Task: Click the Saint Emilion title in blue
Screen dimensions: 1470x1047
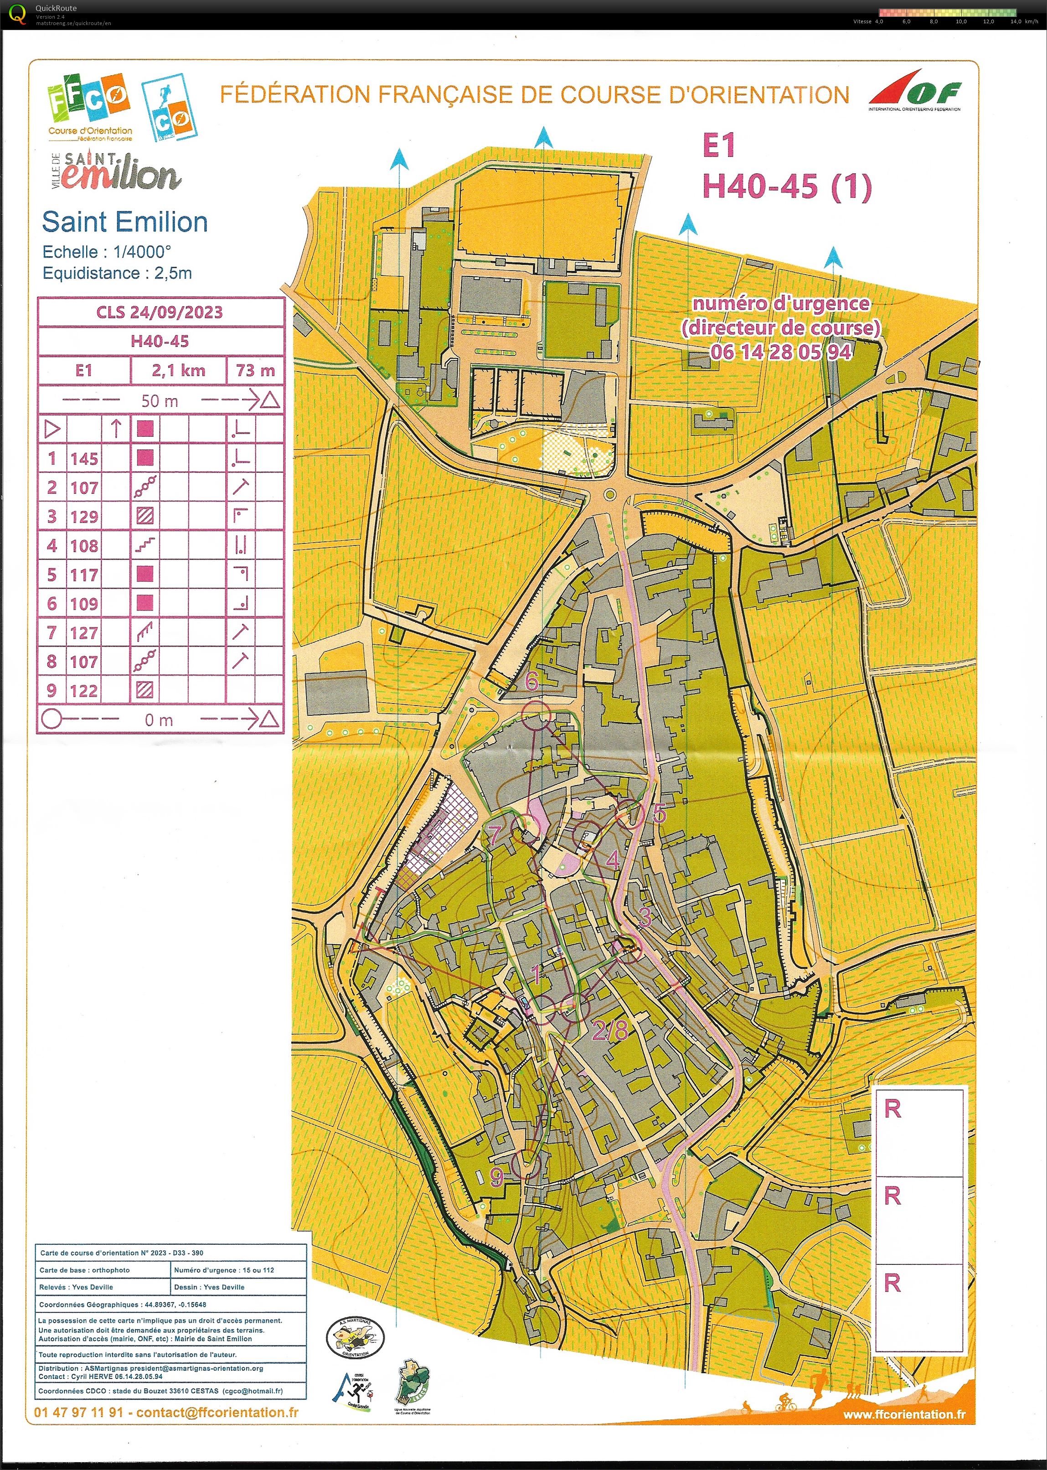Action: [x=124, y=223]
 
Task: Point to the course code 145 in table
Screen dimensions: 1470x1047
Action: [x=84, y=459]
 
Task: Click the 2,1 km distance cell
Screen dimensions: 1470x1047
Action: [x=179, y=371]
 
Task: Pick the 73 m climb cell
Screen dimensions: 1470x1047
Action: [x=255, y=371]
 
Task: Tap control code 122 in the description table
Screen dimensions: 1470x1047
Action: [x=84, y=691]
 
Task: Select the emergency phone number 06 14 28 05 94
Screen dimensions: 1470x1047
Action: [x=781, y=352]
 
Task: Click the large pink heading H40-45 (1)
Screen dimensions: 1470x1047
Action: [x=787, y=187]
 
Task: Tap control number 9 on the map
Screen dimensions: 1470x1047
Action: [x=496, y=1177]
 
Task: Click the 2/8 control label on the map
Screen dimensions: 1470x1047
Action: [x=610, y=1030]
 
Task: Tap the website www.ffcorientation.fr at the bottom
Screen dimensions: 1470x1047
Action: [x=904, y=1414]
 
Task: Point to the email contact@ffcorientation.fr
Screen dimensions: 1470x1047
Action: [x=217, y=1413]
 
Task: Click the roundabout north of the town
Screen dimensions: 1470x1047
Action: [x=609, y=495]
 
